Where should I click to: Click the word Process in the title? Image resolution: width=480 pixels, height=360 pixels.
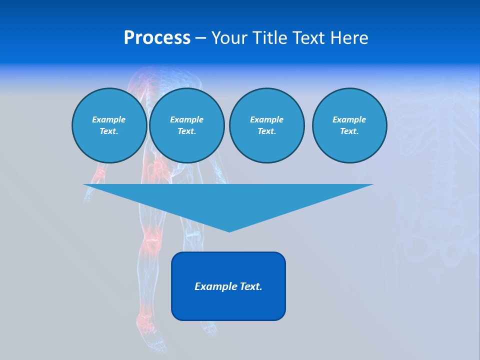pyautogui.click(x=157, y=38)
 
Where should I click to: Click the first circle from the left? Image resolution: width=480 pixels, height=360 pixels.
pyautogui.click(x=109, y=125)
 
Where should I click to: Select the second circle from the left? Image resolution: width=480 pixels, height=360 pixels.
pyautogui.click(x=186, y=125)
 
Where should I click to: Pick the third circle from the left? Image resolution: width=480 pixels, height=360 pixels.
pyautogui.click(x=266, y=125)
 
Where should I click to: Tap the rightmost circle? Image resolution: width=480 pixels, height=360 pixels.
pyautogui.click(x=349, y=125)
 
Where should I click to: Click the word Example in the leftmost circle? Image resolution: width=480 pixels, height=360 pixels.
pyautogui.click(x=109, y=119)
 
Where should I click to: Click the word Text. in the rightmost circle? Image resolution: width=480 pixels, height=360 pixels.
pyautogui.click(x=349, y=131)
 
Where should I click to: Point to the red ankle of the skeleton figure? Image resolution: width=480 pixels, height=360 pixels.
pyautogui.click(x=144, y=315)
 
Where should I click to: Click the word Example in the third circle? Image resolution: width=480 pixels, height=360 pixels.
pyautogui.click(x=266, y=119)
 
